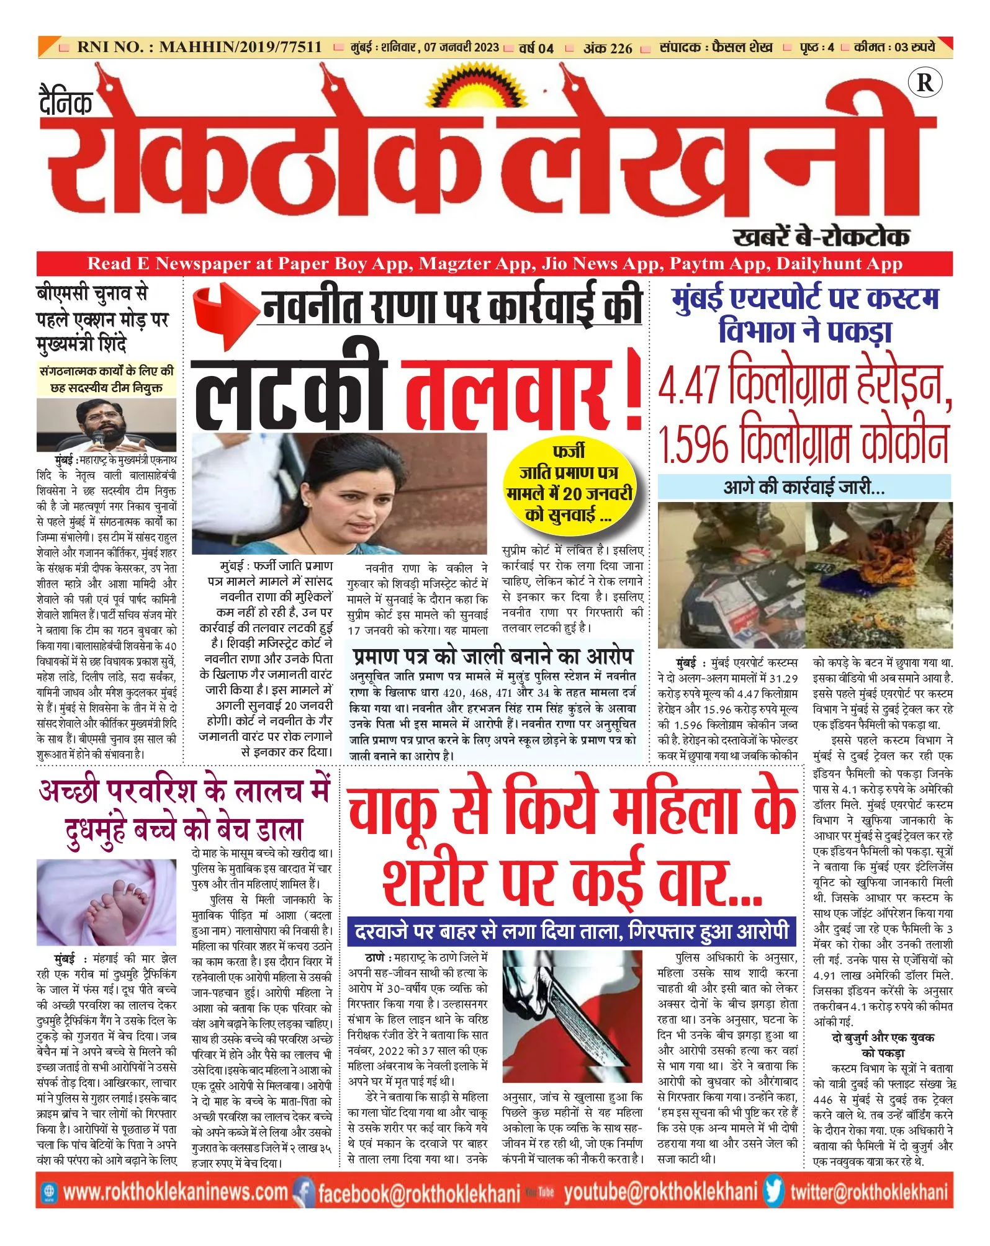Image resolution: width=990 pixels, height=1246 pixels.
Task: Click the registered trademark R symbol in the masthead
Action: tap(924, 83)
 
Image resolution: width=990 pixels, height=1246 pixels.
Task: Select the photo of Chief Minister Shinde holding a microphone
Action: tap(106, 425)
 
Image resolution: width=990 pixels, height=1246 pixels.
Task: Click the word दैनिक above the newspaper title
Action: tap(66, 101)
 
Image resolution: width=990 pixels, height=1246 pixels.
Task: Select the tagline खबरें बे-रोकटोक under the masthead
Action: tap(821, 236)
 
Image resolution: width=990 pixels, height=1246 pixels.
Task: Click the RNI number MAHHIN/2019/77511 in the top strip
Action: tap(240, 47)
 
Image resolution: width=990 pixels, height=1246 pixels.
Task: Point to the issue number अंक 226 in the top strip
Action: tap(607, 48)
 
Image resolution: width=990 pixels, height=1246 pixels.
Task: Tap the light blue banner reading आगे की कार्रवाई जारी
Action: tap(804, 487)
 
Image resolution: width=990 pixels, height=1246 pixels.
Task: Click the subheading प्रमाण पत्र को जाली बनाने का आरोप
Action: tap(493, 656)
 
